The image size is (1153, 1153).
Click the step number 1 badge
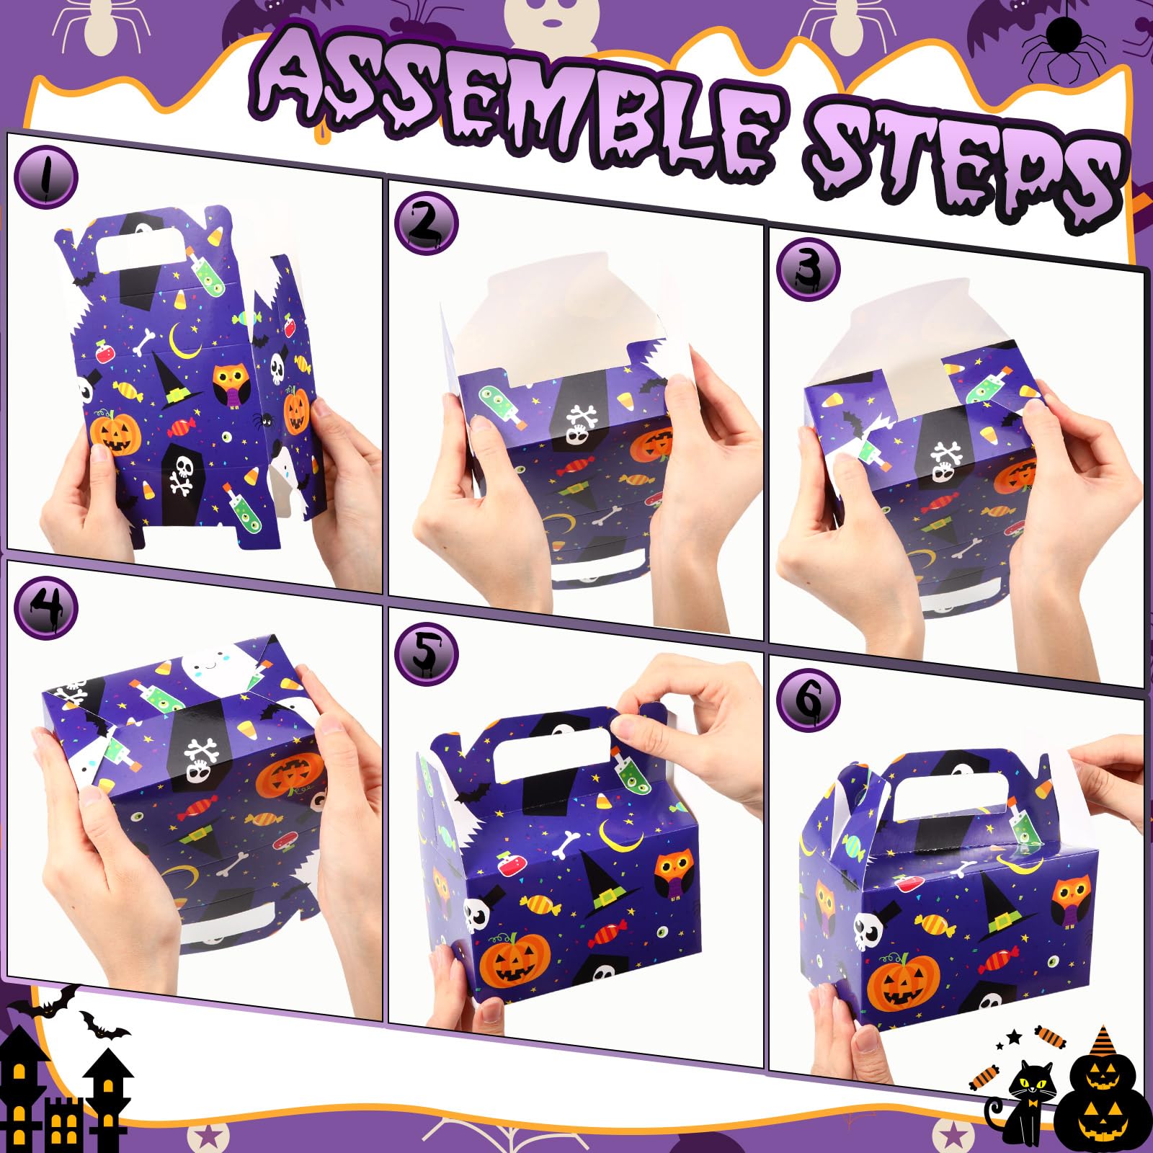(x=45, y=177)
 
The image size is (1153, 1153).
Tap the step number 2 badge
(x=426, y=223)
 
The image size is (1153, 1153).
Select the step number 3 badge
(x=808, y=269)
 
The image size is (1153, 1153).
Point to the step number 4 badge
(x=45, y=608)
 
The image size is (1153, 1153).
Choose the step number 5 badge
(x=426, y=654)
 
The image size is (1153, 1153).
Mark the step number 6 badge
(x=808, y=699)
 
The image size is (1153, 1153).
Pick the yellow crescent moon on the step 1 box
(x=184, y=340)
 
